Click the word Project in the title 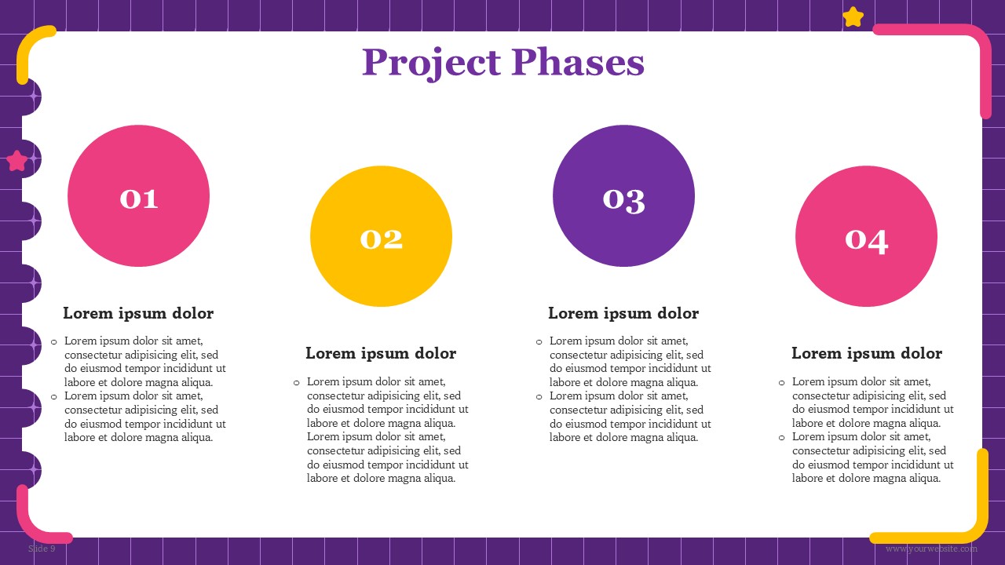(x=431, y=64)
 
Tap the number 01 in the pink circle (x=139, y=199)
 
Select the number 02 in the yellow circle (x=382, y=239)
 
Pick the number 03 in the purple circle (x=624, y=200)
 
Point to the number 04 (x=866, y=241)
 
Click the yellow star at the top (x=853, y=17)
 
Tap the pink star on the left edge (x=17, y=161)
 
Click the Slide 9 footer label (x=42, y=549)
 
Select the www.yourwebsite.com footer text (x=931, y=549)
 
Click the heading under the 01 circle (x=138, y=313)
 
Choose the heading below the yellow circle (x=381, y=353)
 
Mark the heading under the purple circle (x=623, y=313)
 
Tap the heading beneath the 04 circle (x=866, y=353)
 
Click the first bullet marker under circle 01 (x=54, y=342)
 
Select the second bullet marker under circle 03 (x=539, y=397)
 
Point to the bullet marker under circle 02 (x=296, y=383)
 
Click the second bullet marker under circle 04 (x=781, y=438)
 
